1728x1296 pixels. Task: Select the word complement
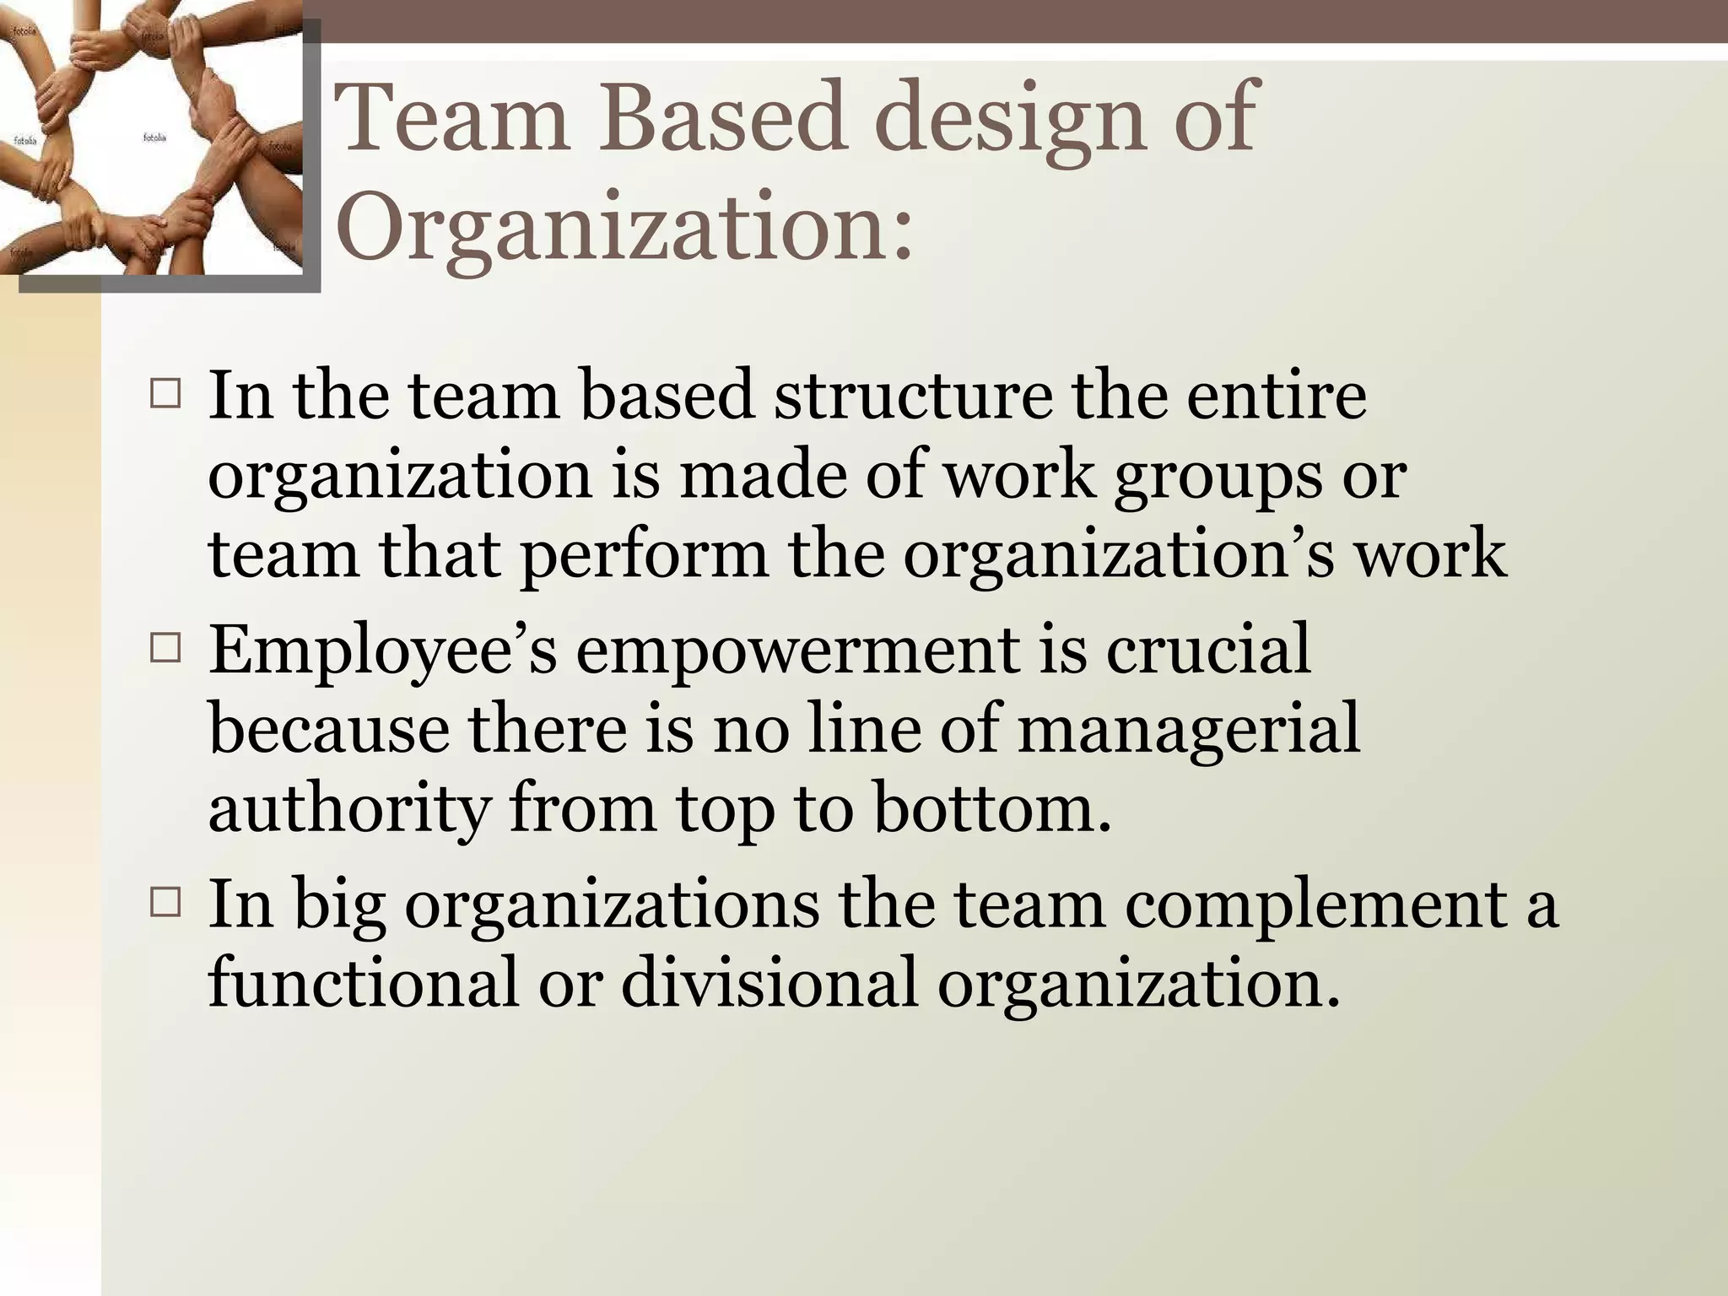tap(1316, 906)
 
